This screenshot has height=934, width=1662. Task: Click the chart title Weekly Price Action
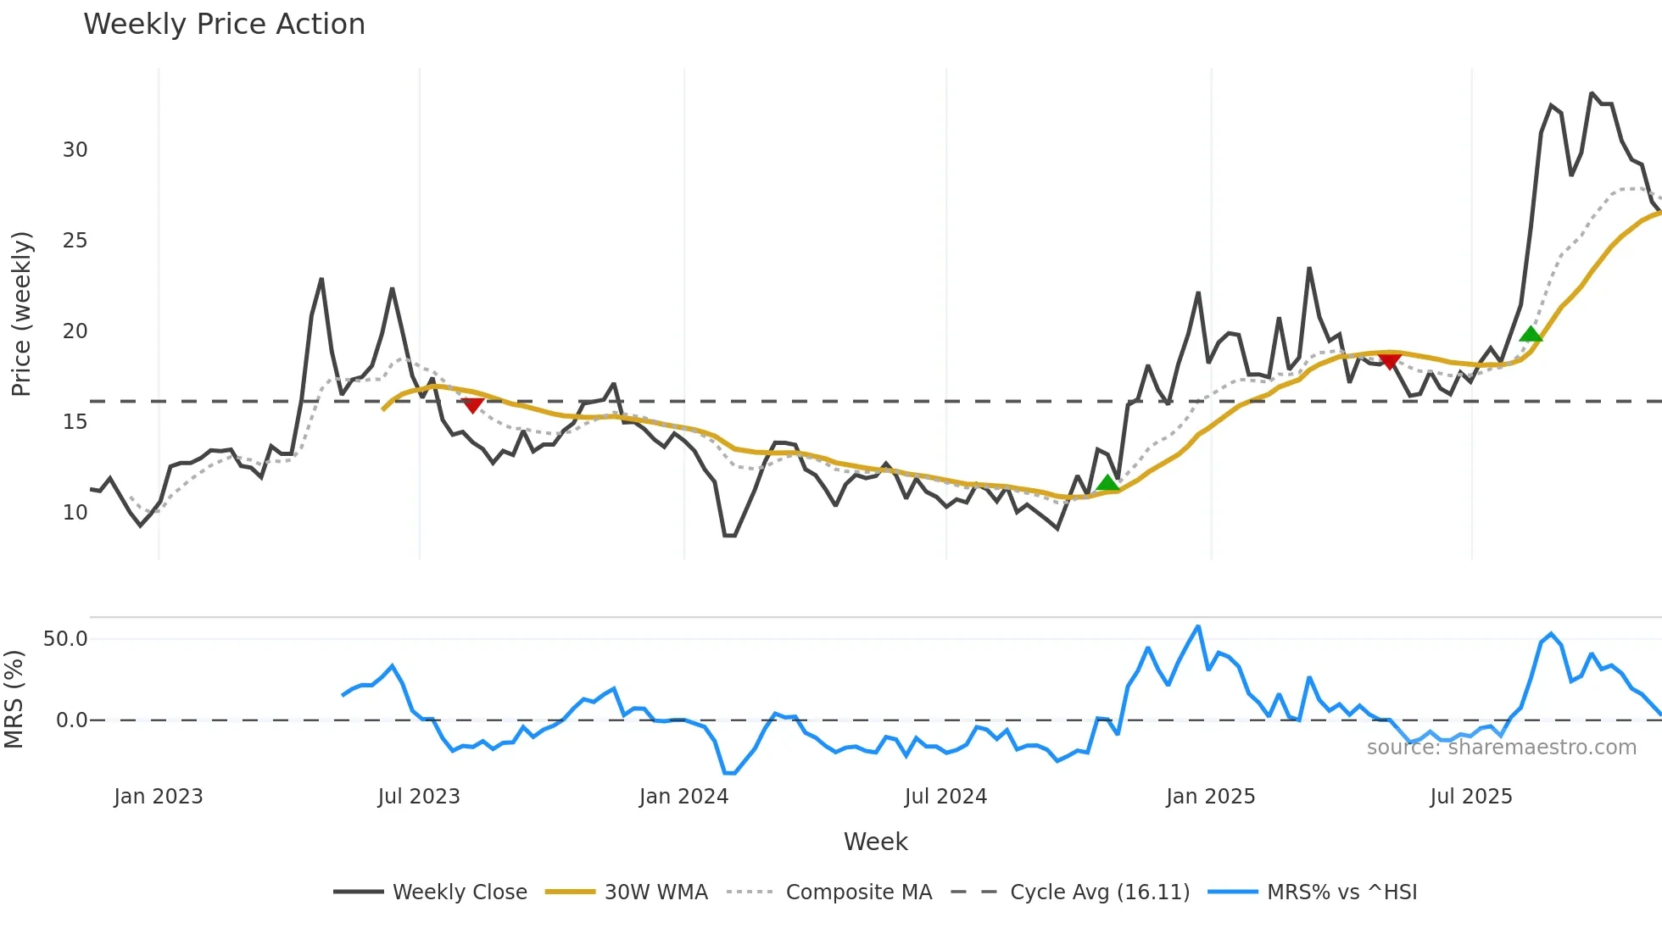point(224,25)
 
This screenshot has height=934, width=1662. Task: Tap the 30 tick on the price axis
point(75,150)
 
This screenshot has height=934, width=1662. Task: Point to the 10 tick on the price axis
point(75,513)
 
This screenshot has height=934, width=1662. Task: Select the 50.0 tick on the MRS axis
point(65,639)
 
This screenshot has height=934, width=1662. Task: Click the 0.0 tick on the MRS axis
point(71,720)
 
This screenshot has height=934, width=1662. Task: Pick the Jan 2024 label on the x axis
point(683,797)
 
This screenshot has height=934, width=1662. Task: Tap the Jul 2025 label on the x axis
point(1470,797)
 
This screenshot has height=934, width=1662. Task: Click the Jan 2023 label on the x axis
point(159,797)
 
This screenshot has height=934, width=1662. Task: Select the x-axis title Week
point(875,842)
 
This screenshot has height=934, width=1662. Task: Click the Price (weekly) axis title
point(21,314)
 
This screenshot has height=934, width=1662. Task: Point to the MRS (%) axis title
point(14,699)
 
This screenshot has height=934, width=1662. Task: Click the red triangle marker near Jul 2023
point(473,405)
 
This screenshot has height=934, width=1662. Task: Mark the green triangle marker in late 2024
point(1107,483)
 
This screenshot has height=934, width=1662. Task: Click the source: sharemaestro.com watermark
point(1501,748)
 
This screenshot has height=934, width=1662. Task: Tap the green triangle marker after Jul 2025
point(1531,334)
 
